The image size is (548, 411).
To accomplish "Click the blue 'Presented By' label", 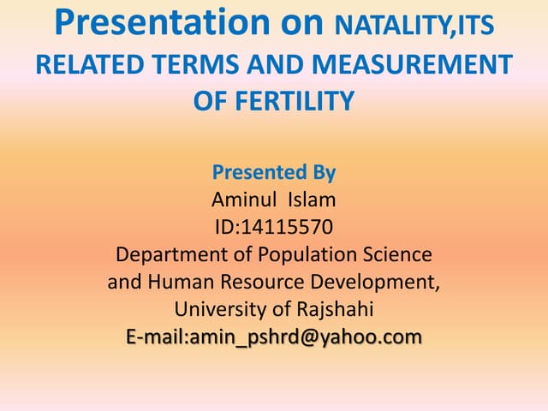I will (273, 173).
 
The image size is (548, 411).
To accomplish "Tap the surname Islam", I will (313, 200).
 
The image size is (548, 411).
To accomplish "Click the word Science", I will (401, 255).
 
